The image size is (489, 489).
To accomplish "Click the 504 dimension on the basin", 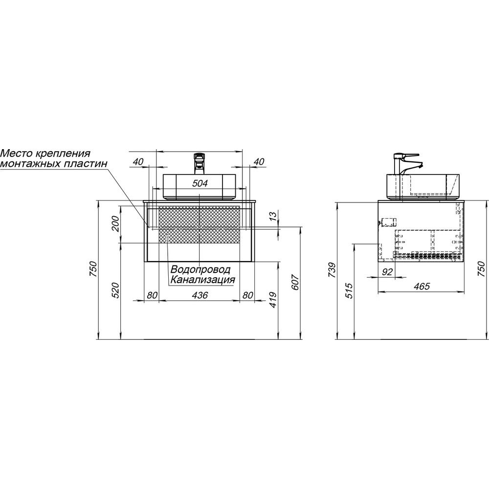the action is pos(200,183).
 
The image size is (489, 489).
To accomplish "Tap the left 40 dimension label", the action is pos(138,162).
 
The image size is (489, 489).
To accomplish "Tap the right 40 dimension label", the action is pos(259,162).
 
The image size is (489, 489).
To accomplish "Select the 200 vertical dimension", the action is pos(115,223).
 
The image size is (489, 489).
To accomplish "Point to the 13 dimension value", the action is pos(272,216).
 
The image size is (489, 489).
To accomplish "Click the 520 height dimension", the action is pos(115,290).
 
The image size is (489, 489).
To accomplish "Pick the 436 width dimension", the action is pos(200,295).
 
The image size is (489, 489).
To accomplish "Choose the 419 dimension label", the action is pos(273,300).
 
